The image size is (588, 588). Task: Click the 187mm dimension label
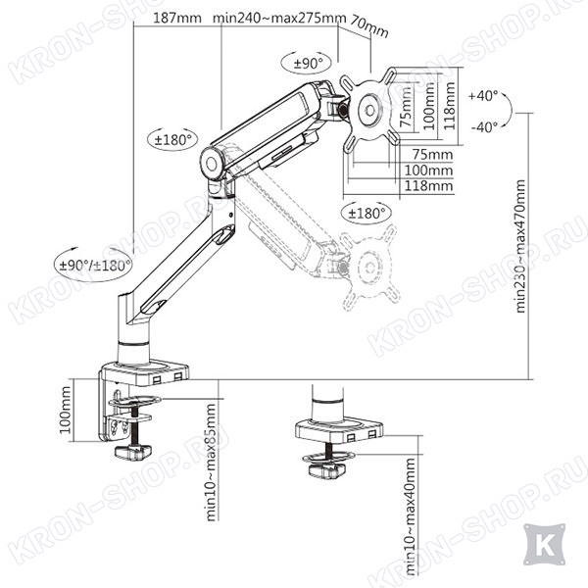pos(177,18)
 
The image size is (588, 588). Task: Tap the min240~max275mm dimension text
pos(279,18)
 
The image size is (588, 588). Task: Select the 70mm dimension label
pos(369,26)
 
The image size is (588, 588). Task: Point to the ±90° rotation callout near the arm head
pos(308,64)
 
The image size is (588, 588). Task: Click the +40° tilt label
pos(484,96)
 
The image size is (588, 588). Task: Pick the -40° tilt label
pos(484,126)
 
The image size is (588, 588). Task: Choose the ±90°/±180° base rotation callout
pos(96,266)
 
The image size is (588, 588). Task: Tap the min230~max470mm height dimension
pos(521,246)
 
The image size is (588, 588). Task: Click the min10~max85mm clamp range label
pos(211,462)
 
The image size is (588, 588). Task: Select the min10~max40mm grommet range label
pos(411,516)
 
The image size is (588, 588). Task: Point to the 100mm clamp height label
pos(66,410)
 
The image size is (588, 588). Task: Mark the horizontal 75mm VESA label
pos(433,154)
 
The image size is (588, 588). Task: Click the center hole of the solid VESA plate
pos(369,111)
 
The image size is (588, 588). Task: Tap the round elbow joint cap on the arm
pos(211,164)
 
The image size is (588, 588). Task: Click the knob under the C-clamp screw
pos(132,452)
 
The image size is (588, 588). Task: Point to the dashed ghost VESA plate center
pos(369,268)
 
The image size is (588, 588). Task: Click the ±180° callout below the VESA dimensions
pos(367,214)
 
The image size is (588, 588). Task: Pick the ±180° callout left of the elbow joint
pos(173,140)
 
